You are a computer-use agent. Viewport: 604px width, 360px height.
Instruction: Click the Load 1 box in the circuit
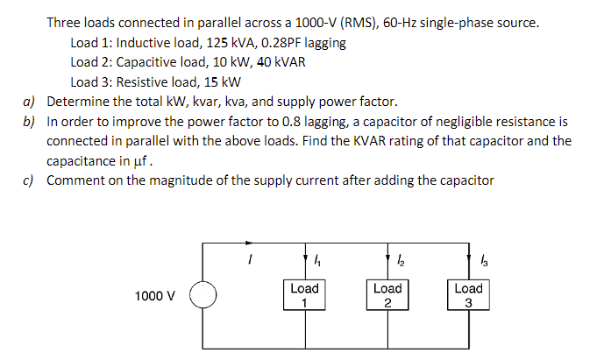[304, 295]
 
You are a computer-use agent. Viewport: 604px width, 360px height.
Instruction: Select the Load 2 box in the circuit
[387, 295]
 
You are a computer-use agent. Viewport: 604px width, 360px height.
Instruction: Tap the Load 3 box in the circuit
[469, 295]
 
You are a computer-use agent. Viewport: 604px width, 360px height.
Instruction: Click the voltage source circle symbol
[203, 295]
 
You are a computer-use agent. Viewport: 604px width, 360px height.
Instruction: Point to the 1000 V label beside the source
[154, 296]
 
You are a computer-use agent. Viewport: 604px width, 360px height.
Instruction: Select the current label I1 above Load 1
[316, 259]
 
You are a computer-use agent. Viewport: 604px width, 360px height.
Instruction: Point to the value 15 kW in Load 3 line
[221, 82]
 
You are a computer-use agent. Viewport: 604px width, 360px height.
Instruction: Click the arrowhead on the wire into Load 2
[387, 259]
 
